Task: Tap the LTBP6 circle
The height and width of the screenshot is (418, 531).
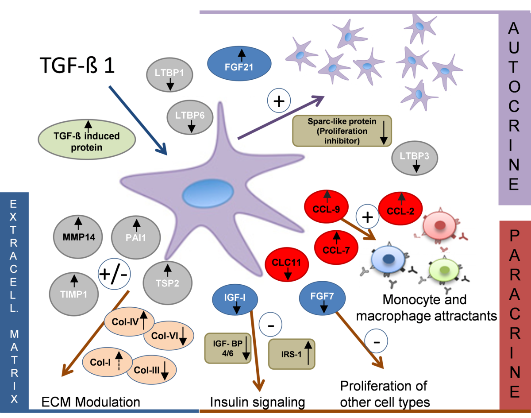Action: [190, 119]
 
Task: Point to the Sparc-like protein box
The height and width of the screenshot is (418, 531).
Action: [342, 131]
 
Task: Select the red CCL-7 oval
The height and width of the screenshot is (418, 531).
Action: [337, 245]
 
